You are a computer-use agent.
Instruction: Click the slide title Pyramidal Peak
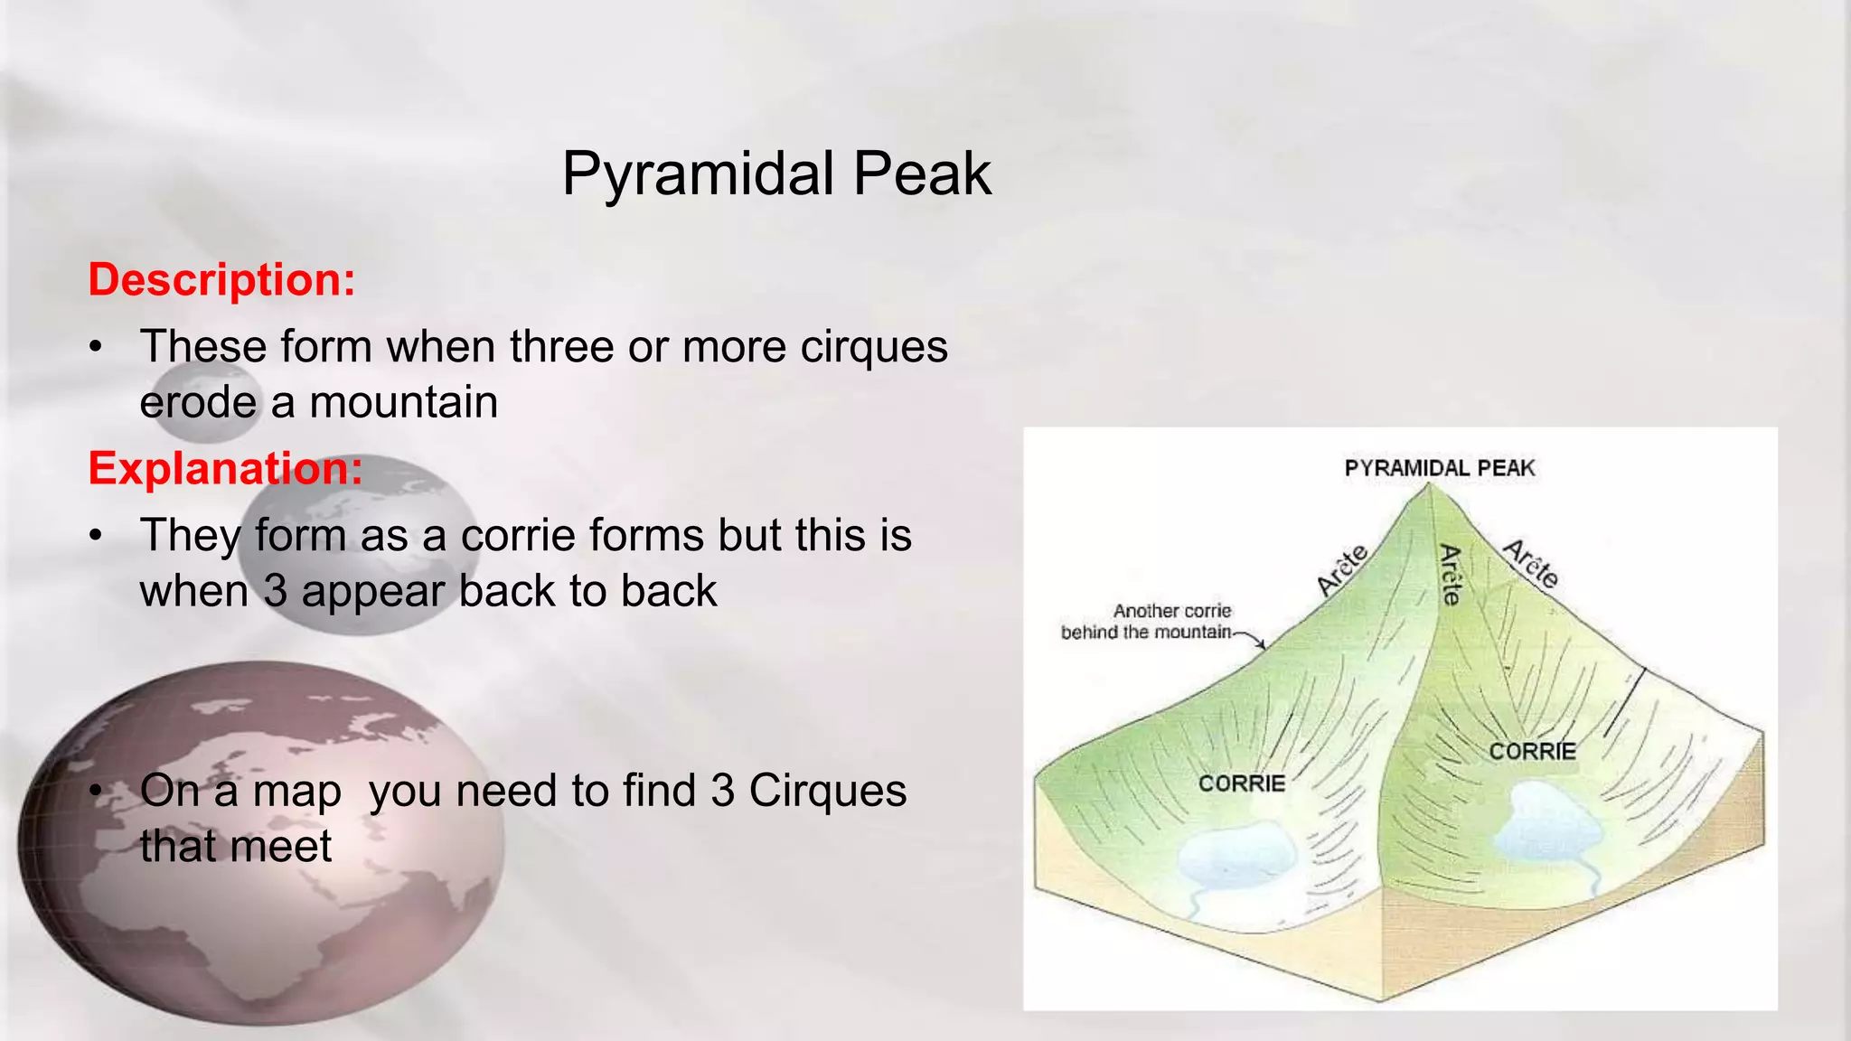(x=776, y=173)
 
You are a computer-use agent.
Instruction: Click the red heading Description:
(x=221, y=279)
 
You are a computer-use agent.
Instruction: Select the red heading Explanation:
(x=225, y=468)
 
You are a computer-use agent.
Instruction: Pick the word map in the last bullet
(x=296, y=791)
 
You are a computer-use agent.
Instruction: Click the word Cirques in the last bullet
(x=827, y=791)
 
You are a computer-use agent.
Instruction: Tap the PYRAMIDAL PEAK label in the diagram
(x=1439, y=468)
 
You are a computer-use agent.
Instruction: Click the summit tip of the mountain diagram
(x=1429, y=486)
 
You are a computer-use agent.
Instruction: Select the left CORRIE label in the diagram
(x=1241, y=783)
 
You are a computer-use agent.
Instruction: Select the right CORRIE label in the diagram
(x=1532, y=752)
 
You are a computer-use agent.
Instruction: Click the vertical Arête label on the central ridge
(x=1450, y=575)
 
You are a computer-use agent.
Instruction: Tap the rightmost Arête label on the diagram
(x=1531, y=564)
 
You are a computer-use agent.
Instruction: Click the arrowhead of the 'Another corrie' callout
(x=1263, y=646)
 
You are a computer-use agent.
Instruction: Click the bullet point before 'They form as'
(x=96, y=536)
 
